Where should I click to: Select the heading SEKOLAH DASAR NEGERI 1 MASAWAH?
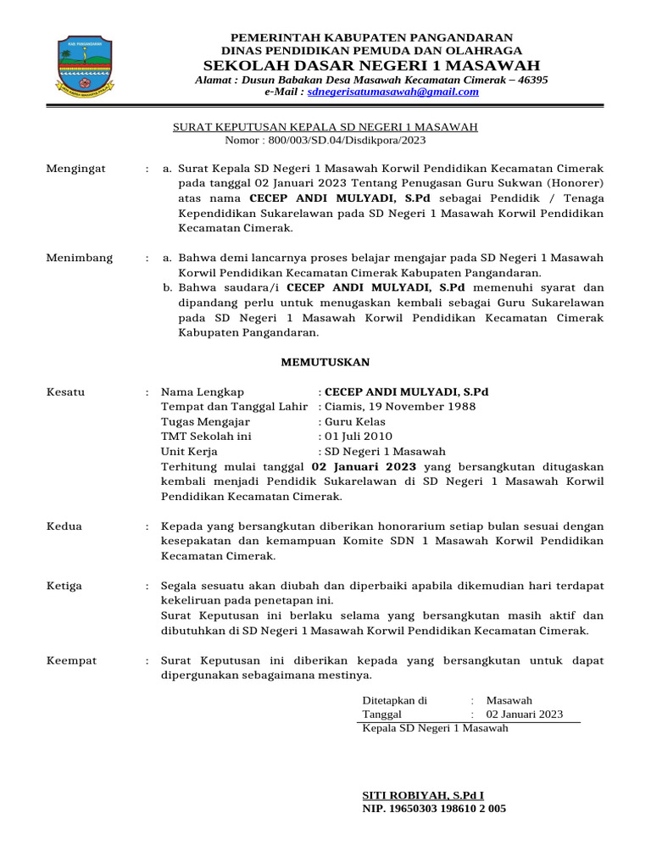(x=372, y=65)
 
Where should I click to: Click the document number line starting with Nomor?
(x=325, y=140)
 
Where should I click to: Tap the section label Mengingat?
(x=75, y=169)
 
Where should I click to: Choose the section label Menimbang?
(x=79, y=258)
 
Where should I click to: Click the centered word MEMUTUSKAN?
(x=325, y=362)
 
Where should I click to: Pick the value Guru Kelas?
(x=354, y=421)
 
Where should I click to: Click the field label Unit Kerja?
(x=191, y=451)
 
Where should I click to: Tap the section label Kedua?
(x=64, y=526)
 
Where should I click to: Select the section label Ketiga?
(x=65, y=585)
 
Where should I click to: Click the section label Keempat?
(x=71, y=659)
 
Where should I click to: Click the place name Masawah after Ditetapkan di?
(x=509, y=700)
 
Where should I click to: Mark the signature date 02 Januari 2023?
(x=524, y=715)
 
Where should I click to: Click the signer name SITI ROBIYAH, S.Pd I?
(x=423, y=795)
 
